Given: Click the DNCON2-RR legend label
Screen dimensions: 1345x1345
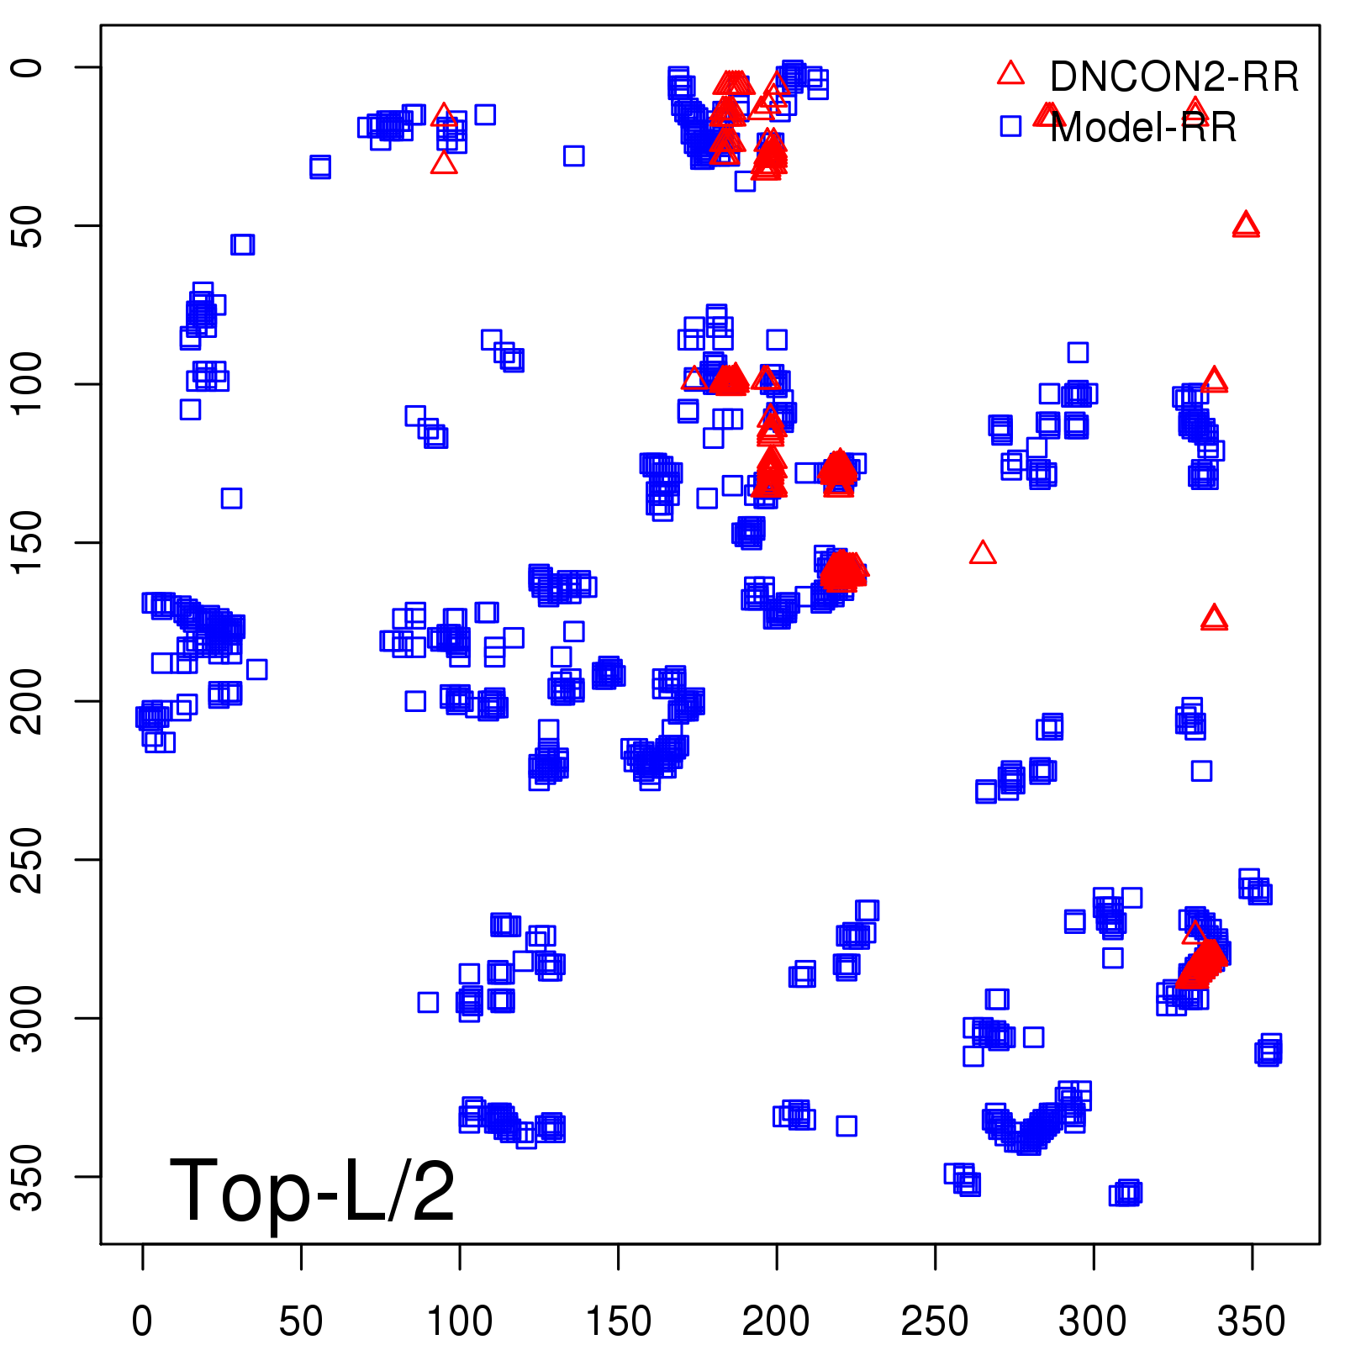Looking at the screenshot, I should (1174, 76).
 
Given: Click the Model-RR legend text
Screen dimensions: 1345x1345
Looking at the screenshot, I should (1143, 128).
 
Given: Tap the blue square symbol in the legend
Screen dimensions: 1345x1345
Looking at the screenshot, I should (1010, 126).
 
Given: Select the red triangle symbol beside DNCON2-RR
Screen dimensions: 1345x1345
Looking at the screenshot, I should (1010, 74).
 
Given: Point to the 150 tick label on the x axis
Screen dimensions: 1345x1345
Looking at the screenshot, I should (618, 1321).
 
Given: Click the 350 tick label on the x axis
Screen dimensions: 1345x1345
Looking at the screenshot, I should (1252, 1321).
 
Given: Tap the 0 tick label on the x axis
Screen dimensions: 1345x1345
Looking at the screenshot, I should (142, 1321).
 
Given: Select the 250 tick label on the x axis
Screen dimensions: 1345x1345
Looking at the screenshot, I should (935, 1321).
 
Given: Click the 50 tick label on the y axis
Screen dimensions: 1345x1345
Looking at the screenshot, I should (28, 225).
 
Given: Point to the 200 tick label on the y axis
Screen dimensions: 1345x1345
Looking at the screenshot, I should (28, 701).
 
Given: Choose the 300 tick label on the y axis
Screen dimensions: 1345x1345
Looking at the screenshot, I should (28, 1018).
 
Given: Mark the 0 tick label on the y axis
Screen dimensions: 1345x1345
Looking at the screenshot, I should (28, 67).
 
